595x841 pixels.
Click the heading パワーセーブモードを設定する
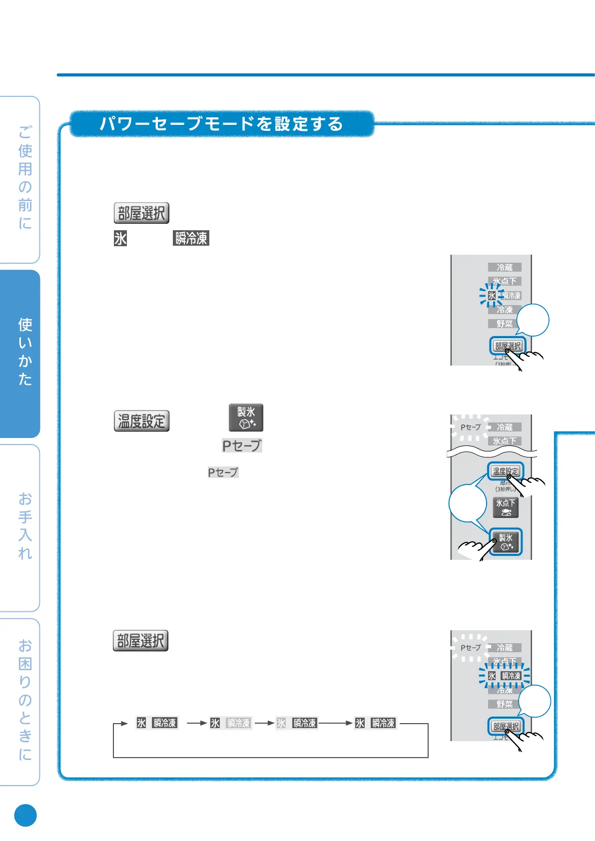(221, 123)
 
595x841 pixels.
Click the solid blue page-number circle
(25, 816)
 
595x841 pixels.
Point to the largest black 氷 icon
(120, 238)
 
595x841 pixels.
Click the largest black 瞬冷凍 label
(191, 238)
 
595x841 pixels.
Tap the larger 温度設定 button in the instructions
(141, 421)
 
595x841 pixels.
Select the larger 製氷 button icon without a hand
(246, 418)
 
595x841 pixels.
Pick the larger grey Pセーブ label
(242, 445)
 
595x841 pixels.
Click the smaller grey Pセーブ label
(223, 472)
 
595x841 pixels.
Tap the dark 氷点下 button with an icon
(506, 507)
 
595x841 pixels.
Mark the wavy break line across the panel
(492, 452)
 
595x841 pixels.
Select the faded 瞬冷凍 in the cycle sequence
(238, 723)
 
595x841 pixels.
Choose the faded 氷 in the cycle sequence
(281, 723)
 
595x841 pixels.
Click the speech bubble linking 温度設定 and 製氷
(468, 503)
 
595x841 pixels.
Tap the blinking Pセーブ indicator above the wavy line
(470, 427)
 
